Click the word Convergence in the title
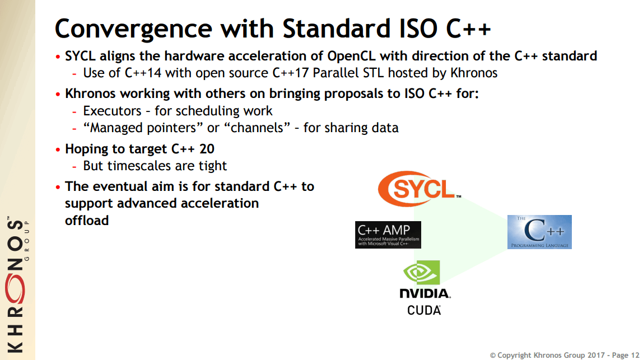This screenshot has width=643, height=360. tap(133, 29)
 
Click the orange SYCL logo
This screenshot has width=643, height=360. tap(419, 189)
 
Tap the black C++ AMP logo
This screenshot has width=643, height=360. tap(388, 235)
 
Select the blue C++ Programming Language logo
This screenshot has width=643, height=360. tap(539, 232)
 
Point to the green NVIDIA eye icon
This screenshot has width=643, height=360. tap(422, 272)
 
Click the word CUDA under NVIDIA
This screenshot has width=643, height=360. tap(424, 310)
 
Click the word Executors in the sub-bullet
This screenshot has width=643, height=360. tap(112, 111)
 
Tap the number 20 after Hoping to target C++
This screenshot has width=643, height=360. tap(207, 149)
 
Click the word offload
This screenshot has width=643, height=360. tap(87, 220)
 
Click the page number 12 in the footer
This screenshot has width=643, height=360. tap(635, 355)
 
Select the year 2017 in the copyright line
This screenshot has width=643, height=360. tap(595, 355)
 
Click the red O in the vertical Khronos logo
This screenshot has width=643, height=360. tap(15, 289)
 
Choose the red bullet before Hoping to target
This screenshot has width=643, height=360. tap(58, 149)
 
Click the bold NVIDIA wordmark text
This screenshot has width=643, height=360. tap(425, 293)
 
